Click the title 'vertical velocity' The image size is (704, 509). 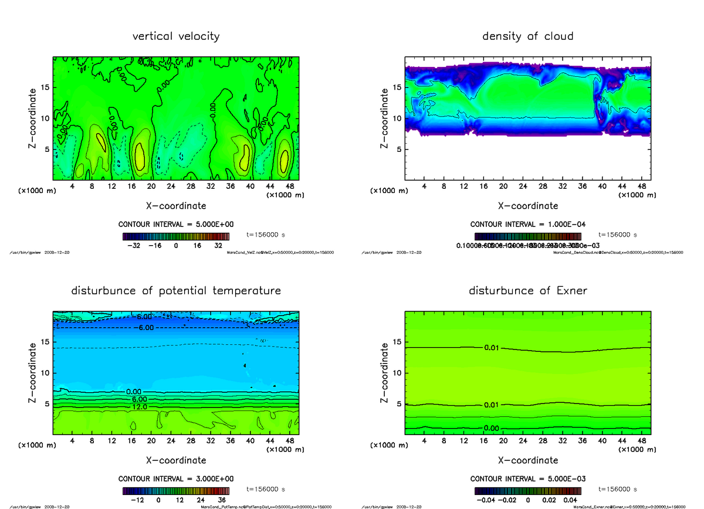tap(176, 36)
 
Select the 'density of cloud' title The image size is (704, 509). tap(527, 36)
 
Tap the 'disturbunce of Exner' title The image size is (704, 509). tap(528, 291)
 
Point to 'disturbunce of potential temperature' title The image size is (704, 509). tap(176, 291)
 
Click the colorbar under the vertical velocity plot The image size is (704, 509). tap(176, 236)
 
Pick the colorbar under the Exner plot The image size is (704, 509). tap(528, 490)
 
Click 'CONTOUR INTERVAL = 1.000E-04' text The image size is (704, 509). tap(527, 225)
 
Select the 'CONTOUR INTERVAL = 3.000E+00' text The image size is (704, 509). tap(176, 479)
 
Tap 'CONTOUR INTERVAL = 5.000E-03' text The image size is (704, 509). tap(528, 479)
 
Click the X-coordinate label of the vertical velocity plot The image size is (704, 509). tap(176, 206)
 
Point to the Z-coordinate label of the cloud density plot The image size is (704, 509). tap(384, 118)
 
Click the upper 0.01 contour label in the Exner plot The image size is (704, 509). tap(492, 348)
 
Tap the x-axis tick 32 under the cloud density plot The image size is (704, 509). tap(563, 186)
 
